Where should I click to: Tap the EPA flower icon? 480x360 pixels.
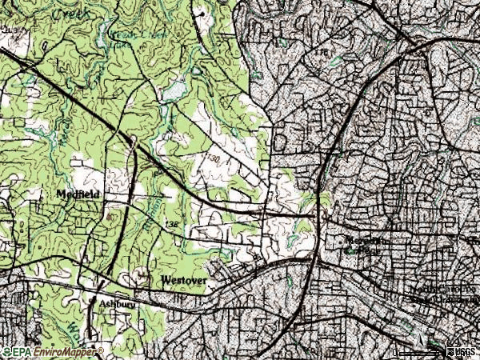[x=7, y=351]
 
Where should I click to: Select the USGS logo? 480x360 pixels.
[x=461, y=350]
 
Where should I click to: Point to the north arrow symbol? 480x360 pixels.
[x=442, y=350]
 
